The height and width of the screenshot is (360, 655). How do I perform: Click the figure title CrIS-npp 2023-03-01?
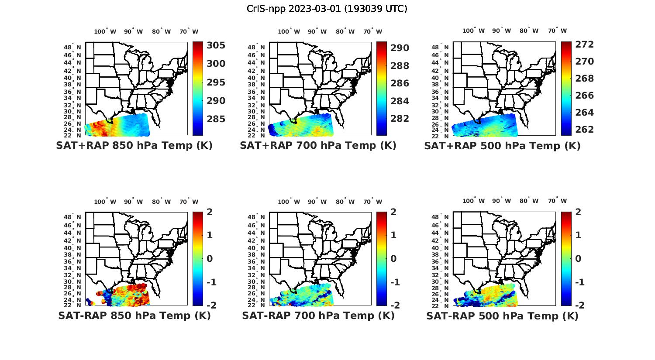point(327,9)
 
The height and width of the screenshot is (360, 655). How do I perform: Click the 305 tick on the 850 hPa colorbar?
point(216,45)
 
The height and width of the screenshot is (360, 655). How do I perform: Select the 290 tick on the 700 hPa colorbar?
point(400,48)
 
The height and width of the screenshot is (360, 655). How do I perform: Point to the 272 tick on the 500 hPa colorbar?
point(584,45)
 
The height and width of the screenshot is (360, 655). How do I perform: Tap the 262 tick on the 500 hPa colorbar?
point(584,130)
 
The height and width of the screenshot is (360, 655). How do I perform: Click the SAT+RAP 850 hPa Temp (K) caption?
point(134,146)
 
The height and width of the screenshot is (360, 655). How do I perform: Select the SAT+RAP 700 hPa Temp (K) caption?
point(318,146)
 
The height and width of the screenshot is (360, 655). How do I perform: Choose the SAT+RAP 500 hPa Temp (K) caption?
point(502,146)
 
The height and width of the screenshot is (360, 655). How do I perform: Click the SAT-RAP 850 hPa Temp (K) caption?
point(134,315)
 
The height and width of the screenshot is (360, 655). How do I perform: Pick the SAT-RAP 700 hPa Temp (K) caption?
point(318,315)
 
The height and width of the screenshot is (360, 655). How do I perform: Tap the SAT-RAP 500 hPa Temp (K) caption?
point(502,316)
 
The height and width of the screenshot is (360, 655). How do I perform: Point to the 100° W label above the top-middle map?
point(289,31)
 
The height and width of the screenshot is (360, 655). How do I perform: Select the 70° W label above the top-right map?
point(557,31)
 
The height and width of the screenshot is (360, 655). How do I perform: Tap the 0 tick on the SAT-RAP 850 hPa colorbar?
point(210,259)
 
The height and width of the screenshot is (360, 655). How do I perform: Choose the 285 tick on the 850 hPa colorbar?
point(216,119)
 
